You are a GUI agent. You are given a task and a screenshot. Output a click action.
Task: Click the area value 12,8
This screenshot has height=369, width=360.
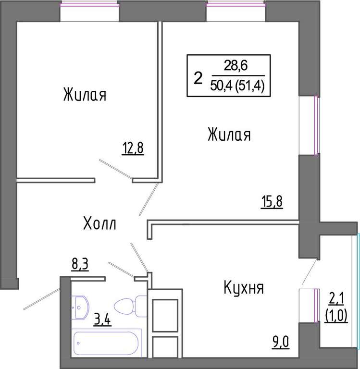coord(133,149)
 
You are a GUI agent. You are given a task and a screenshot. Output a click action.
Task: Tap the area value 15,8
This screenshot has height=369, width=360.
coord(272,202)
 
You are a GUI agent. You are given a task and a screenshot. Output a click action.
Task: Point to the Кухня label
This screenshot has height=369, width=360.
coord(244,288)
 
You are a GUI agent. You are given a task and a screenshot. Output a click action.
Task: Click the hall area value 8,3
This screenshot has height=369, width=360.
coord(80,265)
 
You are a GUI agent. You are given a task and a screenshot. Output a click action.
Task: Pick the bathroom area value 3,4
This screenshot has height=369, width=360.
coord(102,320)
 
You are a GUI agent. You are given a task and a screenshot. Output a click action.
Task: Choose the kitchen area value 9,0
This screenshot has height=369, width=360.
coord(280,343)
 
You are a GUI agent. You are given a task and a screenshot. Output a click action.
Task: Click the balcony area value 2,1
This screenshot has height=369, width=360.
coord(336,300)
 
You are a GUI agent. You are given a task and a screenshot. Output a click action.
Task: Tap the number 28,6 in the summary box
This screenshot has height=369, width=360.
coord(236,65)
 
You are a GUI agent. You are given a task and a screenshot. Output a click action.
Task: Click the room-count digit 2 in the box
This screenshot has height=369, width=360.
coord(198,79)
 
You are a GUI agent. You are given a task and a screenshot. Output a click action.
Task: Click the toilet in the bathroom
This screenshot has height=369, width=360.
coord(130,306)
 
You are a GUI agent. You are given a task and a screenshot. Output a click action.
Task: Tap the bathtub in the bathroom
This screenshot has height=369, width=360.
coord(106,343)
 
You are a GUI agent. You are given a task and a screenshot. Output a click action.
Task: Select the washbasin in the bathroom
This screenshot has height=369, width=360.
coord(80,307)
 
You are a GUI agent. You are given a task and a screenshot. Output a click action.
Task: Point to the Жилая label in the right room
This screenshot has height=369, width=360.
coord(229,135)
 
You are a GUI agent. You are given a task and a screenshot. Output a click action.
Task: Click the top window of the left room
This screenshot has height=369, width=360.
coord(89,5)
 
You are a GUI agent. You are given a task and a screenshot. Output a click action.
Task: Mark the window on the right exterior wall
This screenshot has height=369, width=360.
coord(317,125)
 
